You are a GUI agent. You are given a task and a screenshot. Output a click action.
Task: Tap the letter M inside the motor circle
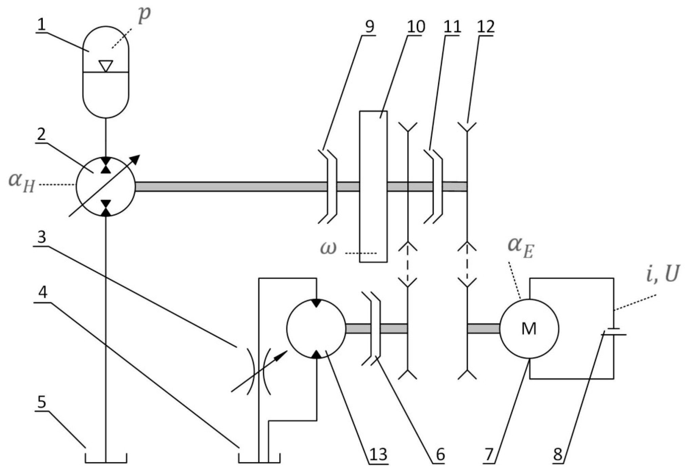tap(529, 329)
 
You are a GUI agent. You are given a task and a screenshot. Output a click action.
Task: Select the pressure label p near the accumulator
tap(144, 15)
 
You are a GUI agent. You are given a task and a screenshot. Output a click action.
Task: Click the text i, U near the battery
tap(662, 274)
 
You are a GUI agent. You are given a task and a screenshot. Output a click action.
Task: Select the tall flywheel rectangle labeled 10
tap(373, 186)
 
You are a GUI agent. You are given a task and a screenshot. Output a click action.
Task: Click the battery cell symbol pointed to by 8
tap(613, 332)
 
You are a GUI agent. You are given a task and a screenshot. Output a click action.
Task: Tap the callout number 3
tap(41, 238)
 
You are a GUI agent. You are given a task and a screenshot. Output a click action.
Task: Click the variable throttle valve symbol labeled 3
tap(259, 371)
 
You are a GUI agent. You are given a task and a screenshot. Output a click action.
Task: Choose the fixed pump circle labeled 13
tap(316, 329)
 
